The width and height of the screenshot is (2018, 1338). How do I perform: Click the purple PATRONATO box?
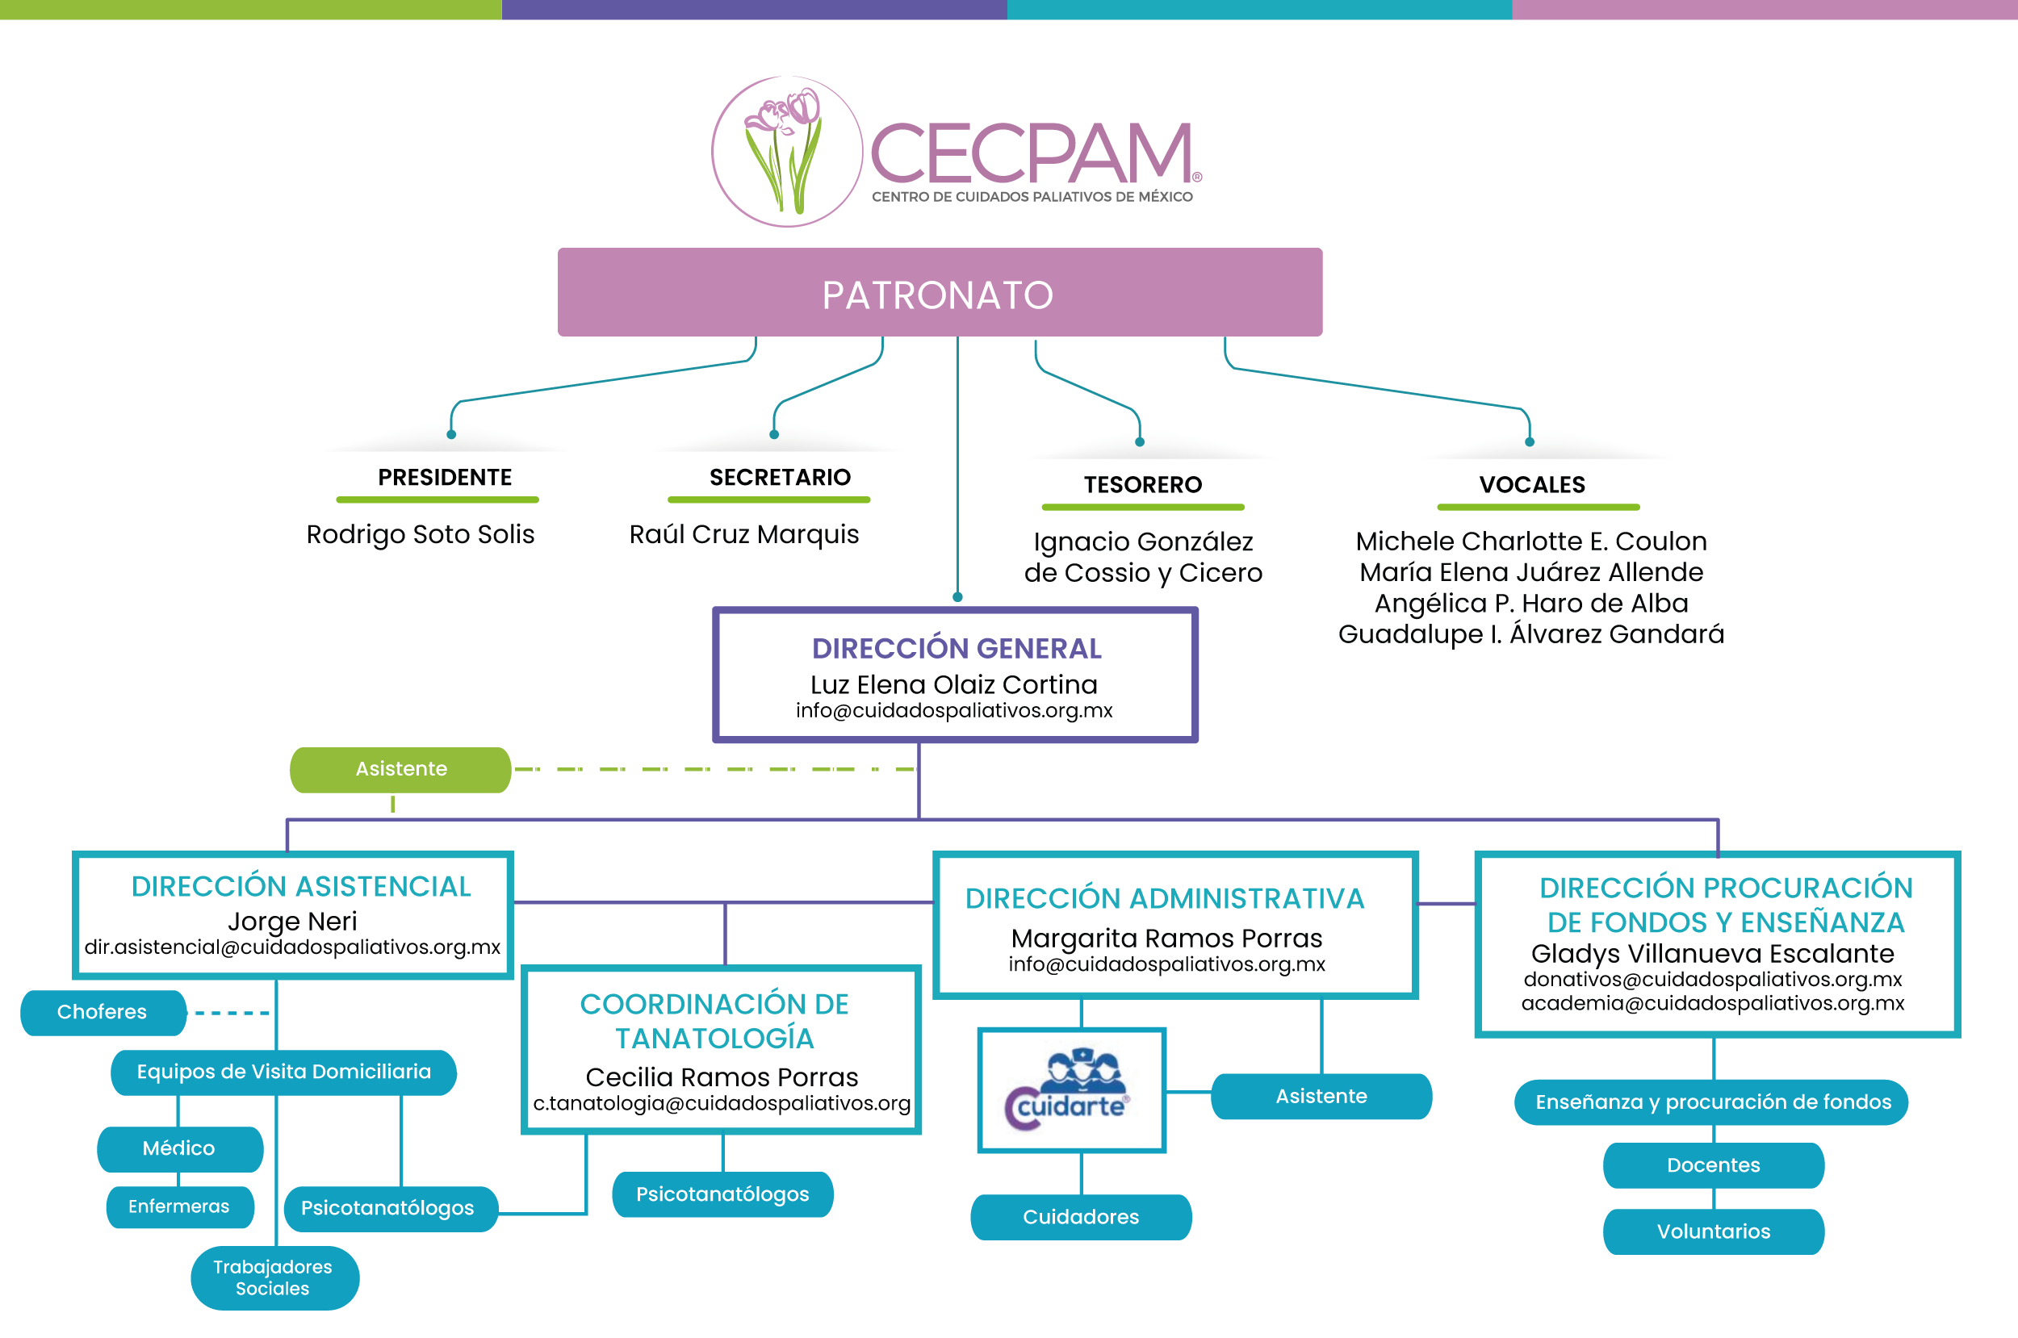pyautogui.click(x=939, y=293)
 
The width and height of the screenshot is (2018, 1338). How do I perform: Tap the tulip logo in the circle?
pyautogui.click(x=787, y=152)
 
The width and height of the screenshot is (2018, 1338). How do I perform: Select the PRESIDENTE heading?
pyautogui.click(x=445, y=477)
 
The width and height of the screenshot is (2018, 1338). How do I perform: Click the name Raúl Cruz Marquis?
pyautogui.click(x=743, y=534)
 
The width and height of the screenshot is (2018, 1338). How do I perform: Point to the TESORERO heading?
pyautogui.click(x=1142, y=485)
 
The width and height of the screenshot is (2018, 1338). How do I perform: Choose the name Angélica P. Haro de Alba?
pyautogui.click(x=1530, y=604)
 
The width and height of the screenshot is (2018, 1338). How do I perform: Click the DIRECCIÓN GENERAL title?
pyautogui.click(x=956, y=649)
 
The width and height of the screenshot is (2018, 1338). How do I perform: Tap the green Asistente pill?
pyautogui.click(x=400, y=769)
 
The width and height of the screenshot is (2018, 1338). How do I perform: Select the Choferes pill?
pyautogui.click(x=103, y=1012)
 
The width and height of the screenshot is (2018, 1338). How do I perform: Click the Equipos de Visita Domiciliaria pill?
pyautogui.click(x=283, y=1072)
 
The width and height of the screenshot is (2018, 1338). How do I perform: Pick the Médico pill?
pyautogui.click(x=179, y=1148)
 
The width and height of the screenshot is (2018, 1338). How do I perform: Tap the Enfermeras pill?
pyautogui.click(x=179, y=1206)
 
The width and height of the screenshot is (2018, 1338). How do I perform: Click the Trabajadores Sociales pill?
pyautogui.click(x=273, y=1277)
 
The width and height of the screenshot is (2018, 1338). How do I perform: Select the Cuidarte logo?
pyautogui.click(x=1071, y=1090)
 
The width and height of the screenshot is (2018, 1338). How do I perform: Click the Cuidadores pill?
pyautogui.click(x=1080, y=1217)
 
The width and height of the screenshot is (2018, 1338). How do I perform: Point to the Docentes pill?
pyautogui.click(x=1713, y=1165)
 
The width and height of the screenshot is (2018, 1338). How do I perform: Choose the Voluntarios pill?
pyautogui.click(x=1713, y=1231)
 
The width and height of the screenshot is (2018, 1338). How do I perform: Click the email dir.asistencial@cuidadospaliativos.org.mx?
pyautogui.click(x=292, y=947)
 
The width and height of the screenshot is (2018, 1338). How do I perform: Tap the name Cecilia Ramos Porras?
pyautogui.click(x=721, y=1077)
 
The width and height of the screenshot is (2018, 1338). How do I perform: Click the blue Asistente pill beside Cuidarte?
pyautogui.click(x=1321, y=1097)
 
